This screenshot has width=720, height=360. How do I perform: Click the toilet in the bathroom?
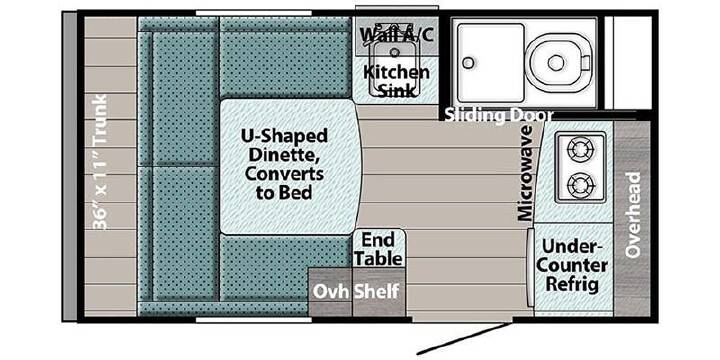[558, 62]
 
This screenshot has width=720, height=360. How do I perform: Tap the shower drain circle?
[468, 62]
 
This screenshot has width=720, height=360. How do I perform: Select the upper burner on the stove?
[580, 149]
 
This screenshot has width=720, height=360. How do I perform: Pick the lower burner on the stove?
[580, 186]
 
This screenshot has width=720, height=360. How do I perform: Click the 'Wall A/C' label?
[397, 34]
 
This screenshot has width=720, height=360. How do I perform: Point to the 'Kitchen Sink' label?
[397, 81]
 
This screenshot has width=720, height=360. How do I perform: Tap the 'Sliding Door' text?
[499, 115]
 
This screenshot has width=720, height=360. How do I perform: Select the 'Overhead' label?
[633, 215]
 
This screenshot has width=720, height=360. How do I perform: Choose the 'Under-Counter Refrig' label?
[572, 265]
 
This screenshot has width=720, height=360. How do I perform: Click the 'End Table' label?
[379, 249]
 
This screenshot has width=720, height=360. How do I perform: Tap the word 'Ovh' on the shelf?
[331, 292]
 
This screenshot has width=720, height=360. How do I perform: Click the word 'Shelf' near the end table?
[377, 292]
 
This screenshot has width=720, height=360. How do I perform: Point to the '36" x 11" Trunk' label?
[100, 162]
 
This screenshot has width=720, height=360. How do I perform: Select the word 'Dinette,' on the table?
[285, 155]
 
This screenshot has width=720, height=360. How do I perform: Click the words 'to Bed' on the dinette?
[284, 192]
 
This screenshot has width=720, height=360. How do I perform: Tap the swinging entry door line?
[464, 339]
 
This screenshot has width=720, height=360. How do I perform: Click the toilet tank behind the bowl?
[585, 62]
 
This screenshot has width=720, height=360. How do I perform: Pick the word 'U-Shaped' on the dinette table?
[285, 136]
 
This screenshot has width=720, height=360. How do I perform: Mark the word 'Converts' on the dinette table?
[284, 174]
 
